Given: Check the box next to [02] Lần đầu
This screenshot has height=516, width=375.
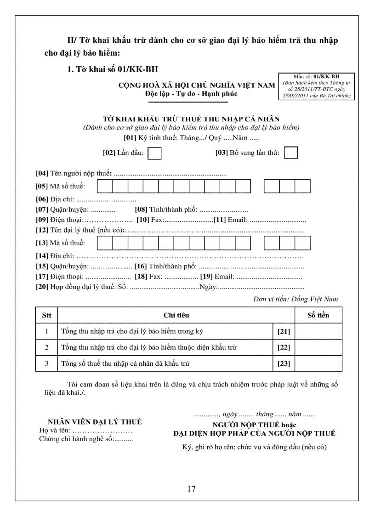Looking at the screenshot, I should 155,153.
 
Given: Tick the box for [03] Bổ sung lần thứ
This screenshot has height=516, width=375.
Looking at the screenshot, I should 291,153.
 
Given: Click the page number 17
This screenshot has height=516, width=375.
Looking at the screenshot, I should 192,488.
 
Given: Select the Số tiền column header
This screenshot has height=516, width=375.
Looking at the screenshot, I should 318,315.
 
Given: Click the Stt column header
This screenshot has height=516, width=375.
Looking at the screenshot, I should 46,315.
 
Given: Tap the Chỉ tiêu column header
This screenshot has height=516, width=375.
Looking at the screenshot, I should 176,315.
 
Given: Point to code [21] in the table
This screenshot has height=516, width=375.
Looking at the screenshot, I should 284,332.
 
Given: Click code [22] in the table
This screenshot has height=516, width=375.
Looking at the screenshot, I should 284,348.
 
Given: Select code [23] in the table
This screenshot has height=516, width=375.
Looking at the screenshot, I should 284,364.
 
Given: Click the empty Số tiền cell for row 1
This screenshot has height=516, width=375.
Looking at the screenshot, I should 318,331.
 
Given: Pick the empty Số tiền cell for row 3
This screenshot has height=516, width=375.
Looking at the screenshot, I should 318,363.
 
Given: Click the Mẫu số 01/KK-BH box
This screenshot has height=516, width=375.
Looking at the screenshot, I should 316,86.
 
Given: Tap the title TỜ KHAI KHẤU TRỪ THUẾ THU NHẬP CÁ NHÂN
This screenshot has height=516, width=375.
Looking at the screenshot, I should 191,119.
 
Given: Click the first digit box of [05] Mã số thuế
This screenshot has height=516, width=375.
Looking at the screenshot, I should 105,186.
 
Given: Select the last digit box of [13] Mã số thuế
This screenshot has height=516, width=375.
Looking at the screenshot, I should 303,243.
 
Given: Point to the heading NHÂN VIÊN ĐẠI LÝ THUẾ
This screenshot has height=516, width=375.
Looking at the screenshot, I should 95,422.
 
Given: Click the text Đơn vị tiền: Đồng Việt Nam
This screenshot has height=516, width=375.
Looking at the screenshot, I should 295,299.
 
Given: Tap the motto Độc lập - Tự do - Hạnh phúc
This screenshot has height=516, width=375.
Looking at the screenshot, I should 191,94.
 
